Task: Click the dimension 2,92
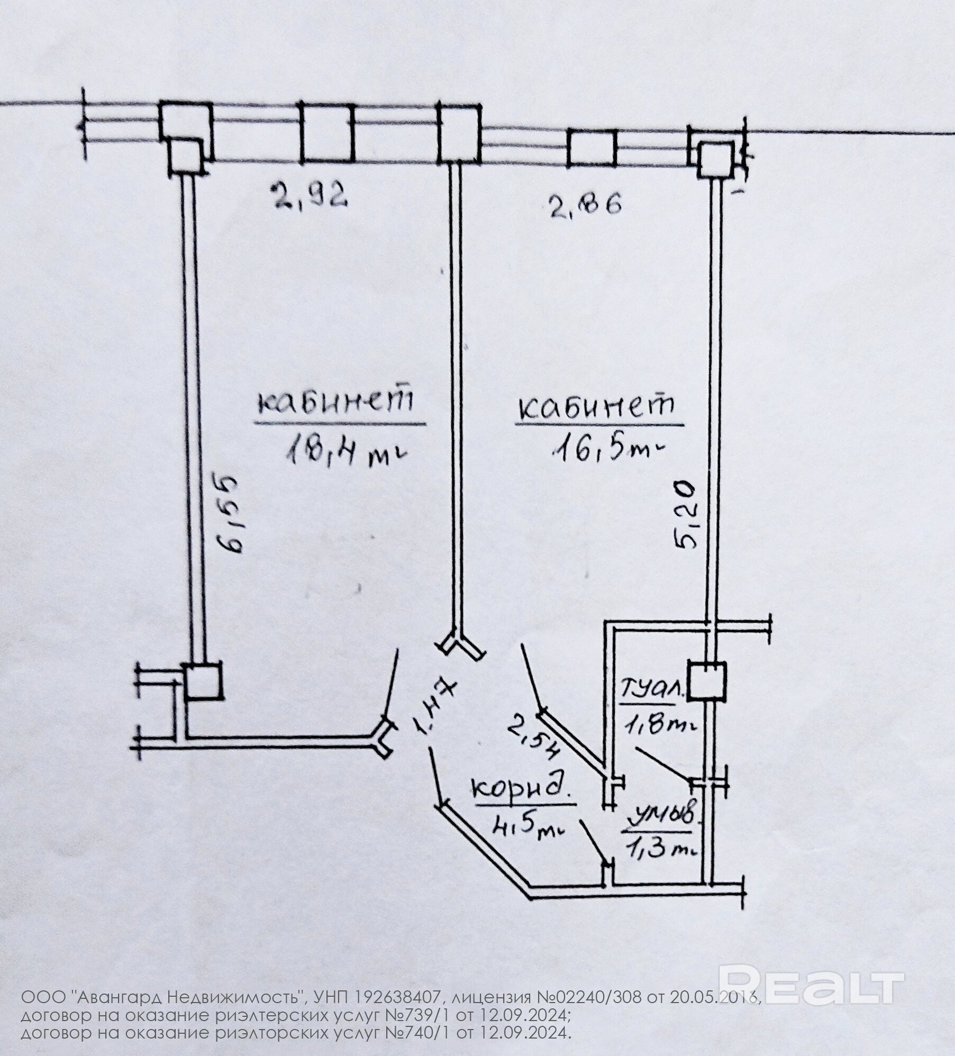click(x=310, y=194)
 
